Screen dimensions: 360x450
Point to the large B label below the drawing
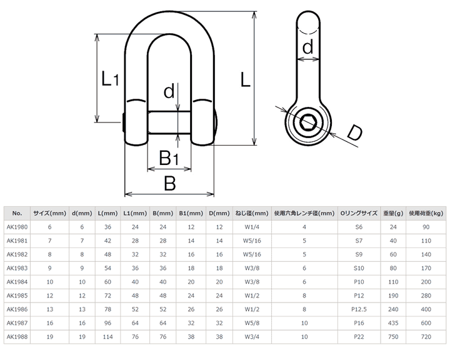pos(169,183)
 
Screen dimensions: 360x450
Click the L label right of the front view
pos(247,79)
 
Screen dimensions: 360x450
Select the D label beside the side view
pos(354,132)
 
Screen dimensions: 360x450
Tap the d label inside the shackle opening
pos(169,92)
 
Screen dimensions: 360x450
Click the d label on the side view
pos(307,47)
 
